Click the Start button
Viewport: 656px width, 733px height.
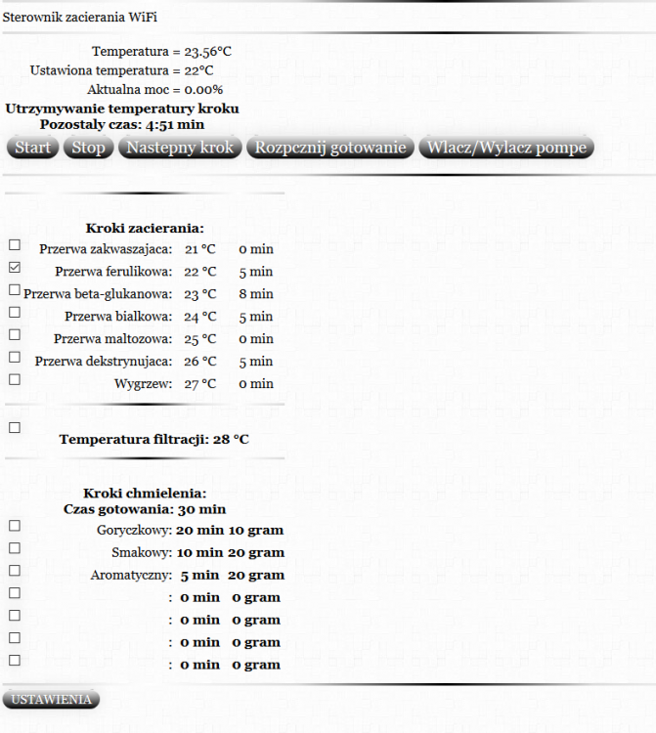click(x=33, y=148)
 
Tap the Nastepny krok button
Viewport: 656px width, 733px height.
click(x=180, y=148)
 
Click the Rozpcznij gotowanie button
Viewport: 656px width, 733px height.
click(x=329, y=148)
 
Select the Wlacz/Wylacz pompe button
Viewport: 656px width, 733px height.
click(x=505, y=148)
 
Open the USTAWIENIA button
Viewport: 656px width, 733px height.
click(x=52, y=699)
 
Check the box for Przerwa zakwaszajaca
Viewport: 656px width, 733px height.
click(x=14, y=244)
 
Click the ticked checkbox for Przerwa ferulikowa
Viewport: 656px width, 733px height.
click(x=14, y=267)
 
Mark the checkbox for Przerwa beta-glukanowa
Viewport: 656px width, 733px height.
click(x=14, y=289)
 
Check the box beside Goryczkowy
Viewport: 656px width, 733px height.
click(x=14, y=526)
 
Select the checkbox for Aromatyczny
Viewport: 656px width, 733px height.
click(x=14, y=571)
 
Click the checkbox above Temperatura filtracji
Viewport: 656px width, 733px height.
click(x=14, y=427)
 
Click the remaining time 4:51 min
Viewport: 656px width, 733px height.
click(x=175, y=125)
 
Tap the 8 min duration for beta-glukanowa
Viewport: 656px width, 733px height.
click(x=255, y=294)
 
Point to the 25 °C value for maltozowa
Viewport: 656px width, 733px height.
click(x=200, y=339)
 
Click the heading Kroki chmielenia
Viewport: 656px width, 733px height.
click(x=145, y=494)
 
